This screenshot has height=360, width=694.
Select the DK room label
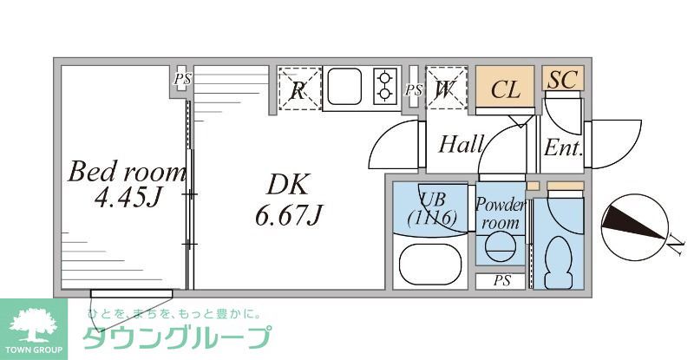point(287,184)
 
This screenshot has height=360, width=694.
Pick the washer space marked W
point(447,88)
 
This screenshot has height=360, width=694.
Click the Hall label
point(460,144)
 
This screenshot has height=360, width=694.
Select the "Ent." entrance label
point(562,147)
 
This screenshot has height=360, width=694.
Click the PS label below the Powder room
point(501,281)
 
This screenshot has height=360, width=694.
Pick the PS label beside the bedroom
point(182,81)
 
